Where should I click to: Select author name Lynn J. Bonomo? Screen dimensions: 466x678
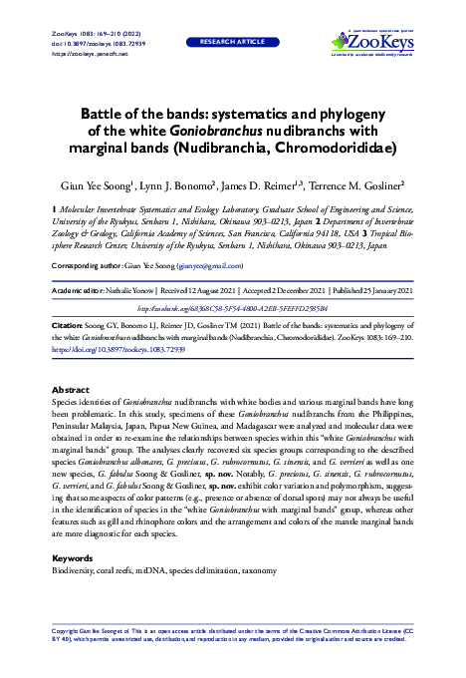[x=188, y=185]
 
